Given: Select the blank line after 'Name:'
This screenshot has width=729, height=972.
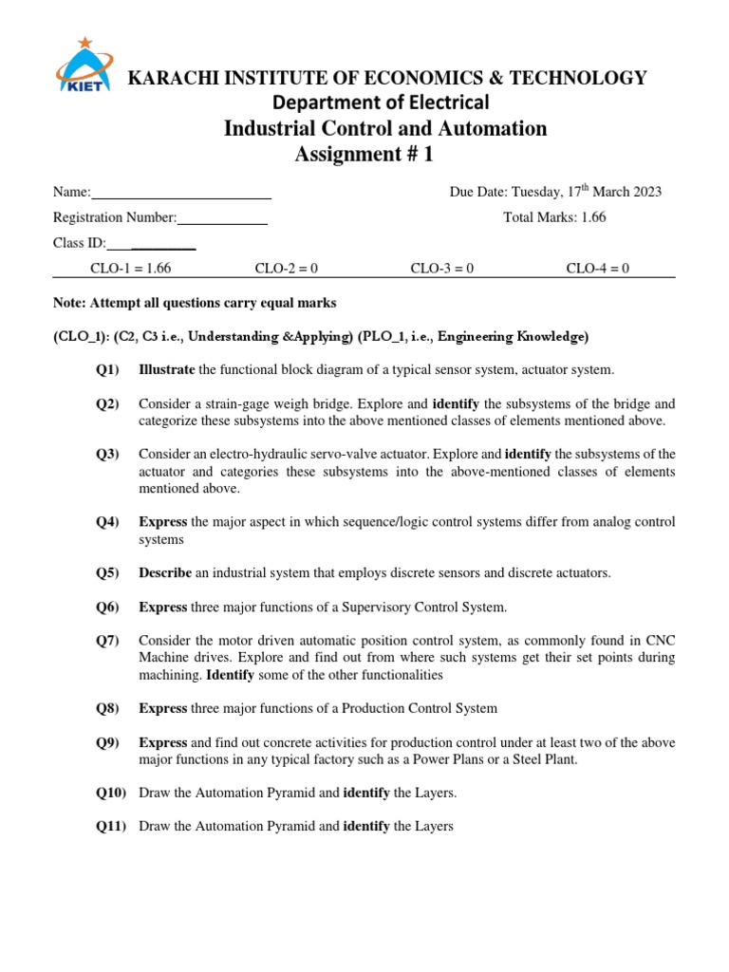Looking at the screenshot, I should pos(181,193).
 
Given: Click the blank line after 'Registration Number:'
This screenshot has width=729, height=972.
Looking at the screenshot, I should pos(222,218).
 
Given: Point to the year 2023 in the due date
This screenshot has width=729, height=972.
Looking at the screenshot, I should pos(644,192).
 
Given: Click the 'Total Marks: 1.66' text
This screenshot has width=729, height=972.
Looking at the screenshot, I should pos(554,217).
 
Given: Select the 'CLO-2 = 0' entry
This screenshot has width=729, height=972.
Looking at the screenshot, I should pos(287,269).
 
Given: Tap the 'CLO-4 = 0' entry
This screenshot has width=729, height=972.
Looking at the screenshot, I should pos(598,269).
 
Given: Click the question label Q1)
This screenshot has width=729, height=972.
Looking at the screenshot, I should pos(107,369).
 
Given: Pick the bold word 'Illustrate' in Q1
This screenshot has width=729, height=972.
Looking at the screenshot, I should pos(167,369).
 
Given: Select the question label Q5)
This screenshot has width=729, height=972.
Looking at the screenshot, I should pos(107,572).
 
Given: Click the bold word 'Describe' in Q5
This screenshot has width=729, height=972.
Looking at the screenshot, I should pos(165,572).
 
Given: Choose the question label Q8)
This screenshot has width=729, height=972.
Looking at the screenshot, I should pos(107,708).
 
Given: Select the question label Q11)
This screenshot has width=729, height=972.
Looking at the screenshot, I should pos(111,827).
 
